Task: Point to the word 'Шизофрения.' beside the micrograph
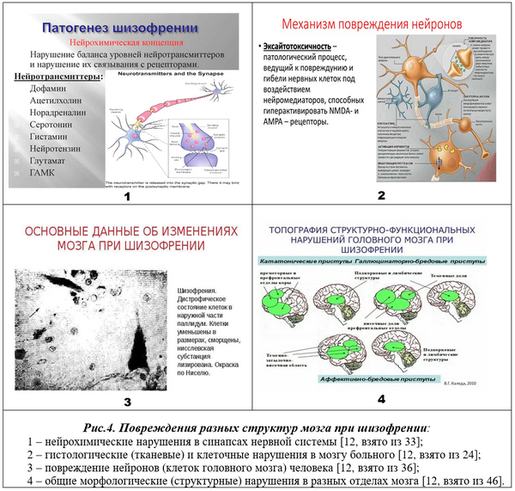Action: [x=199, y=291]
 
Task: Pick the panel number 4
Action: [x=381, y=398]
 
